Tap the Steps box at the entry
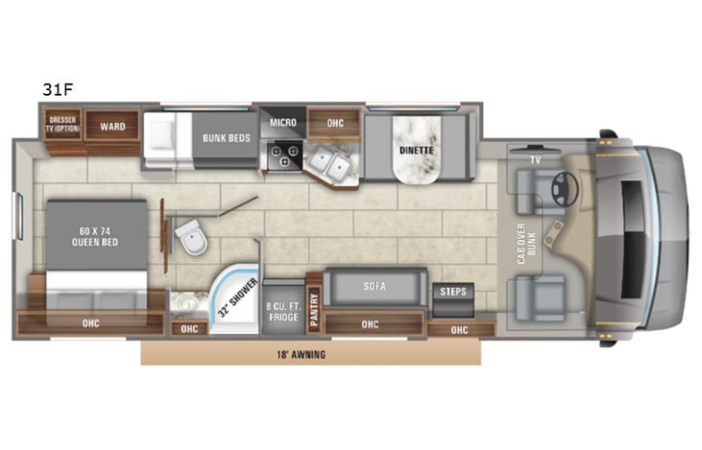451,291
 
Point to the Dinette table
417,150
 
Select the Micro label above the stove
281,123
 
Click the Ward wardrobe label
112,125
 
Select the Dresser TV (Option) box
62,126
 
